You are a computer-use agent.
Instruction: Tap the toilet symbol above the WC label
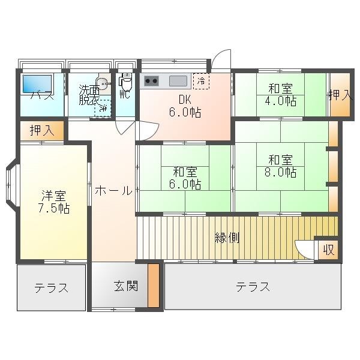pyautogui.click(x=126, y=81)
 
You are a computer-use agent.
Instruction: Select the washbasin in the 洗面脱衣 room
pyautogui.click(x=103, y=84)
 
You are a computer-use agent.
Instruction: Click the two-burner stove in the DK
pyautogui.click(x=151, y=80)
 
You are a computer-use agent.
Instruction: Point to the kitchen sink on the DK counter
pyautogui.click(x=178, y=80)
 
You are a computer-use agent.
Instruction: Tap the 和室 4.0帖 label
pyautogui.click(x=281, y=95)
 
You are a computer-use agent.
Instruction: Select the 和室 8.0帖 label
pyautogui.click(x=281, y=166)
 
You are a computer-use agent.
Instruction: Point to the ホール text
pyautogui.click(x=113, y=191)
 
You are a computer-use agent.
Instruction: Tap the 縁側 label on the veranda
pyautogui.click(x=227, y=238)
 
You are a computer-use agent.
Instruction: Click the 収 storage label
pyautogui.click(x=328, y=249)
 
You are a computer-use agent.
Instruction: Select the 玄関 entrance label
pyautogui.click(x=126, y=286)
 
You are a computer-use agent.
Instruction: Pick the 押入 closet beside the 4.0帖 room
pyautogui.click(x=340, y=94)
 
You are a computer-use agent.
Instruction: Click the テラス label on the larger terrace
pyautogui.click(x=252, y=287)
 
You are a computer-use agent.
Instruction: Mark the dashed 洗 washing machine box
pyautogui.click(x=103, y=107)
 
